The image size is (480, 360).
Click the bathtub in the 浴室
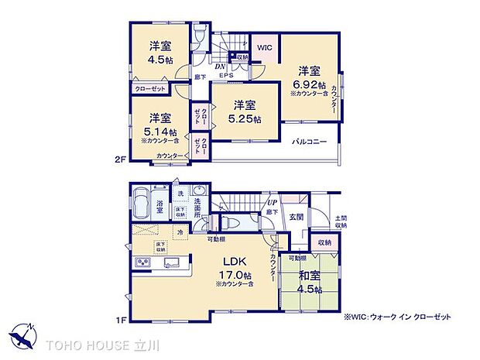point(142,204)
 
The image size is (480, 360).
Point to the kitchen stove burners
point(143,264)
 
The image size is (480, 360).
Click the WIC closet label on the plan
point(264,48)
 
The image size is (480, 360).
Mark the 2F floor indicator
point(120,160)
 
